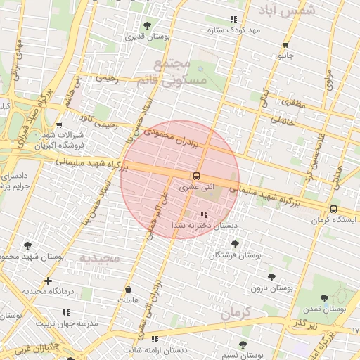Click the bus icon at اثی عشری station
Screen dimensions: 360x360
(196, 176)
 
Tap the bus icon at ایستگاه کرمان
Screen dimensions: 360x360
(333, 209)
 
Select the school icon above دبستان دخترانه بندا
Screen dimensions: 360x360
(204, 214)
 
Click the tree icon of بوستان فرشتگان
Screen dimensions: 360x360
(234, 244)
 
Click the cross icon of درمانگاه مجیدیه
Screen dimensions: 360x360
(48, 281)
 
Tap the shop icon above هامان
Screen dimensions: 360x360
(128, 289)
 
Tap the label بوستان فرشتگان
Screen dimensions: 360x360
(234, 256)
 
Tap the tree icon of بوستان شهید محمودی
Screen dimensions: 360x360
(28, 245)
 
